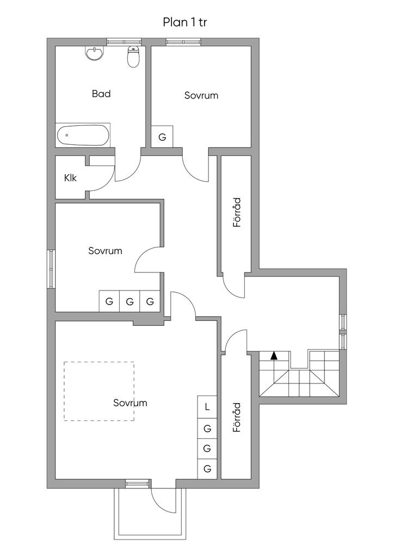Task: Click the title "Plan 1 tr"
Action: pyautogui.click(x=184, y=22)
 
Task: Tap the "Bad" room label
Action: pyautogui.click(x=101, y=94)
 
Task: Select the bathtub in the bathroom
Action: pyautogui.click(x=82, y=135)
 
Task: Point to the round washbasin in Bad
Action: pyautogui.click(x=94, y=54)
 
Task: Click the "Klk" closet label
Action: pyautogui.click(x=70, y=178)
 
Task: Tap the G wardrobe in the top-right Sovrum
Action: pyautogui.click(x=162, y=137)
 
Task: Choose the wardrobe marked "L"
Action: pyautogui.click(x=207, y=406)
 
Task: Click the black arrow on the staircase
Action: pyautogui.click(x=274, y=356)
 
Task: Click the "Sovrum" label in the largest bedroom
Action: pyautogui.click(x=130, y=403)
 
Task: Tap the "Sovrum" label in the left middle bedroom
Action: pyautogui.click(x=105, y=251)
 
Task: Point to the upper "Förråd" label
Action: pyautogui.click(x=237, y=213)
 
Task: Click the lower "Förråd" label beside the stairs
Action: pyautogui.click(x=237, y=417)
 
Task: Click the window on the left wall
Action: pyautogui.click(x=52, y=269)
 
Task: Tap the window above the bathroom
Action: pyautogui.click(x=124, y=41)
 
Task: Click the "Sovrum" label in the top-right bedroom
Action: pyautogui.click(x=201, y=95)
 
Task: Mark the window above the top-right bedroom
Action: pyautogui.click(x=184, y=41)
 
